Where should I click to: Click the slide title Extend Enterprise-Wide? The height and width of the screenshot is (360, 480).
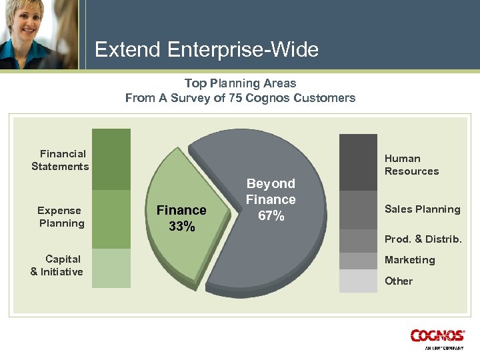click(207, 49)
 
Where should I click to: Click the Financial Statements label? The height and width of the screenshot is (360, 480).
click(60, 160)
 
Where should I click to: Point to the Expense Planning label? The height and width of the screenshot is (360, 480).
click(61, 217)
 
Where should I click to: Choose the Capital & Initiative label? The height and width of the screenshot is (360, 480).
click(57, 265)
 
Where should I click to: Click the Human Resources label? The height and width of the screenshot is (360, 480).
click(411, 165)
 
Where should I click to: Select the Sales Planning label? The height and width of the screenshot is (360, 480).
click(422, 209)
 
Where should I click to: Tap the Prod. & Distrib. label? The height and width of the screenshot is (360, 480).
click(423, 239)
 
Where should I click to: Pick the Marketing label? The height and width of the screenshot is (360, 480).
click(409, 260)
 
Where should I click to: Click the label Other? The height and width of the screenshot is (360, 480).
click(398, 281)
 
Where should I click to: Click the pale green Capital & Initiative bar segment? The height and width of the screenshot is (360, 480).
click(111, 268)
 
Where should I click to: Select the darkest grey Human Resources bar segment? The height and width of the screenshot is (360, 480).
click(358, 162)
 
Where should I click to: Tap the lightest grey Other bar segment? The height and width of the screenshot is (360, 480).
click(358, 281)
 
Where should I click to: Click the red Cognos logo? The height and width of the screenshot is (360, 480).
click(437, 337)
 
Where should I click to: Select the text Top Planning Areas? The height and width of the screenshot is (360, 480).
click(240, 83)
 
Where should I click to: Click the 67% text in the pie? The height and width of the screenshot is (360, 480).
click(271, 216)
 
